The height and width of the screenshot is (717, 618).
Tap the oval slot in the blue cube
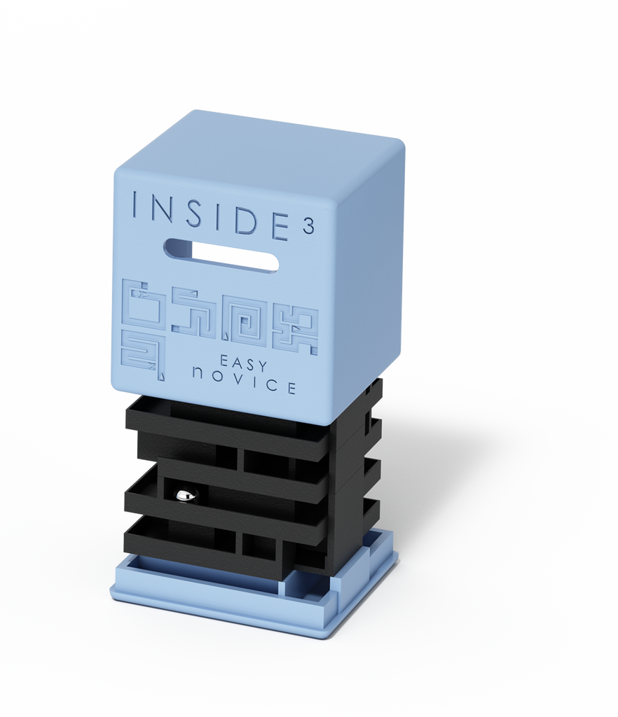221,255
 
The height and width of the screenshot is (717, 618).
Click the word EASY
244,363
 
